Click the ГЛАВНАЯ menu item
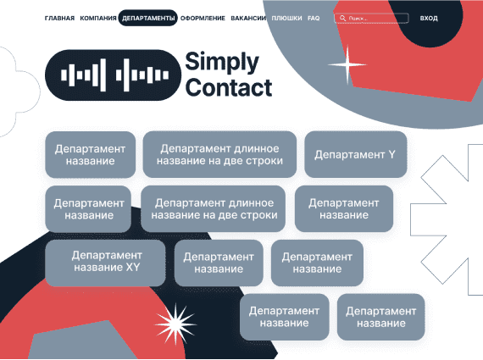pos(59,18)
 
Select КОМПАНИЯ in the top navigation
pos(98,18)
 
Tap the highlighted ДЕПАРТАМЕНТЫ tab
pos(148,18)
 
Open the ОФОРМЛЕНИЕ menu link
pos(203,18)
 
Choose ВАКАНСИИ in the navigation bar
pos(248,18)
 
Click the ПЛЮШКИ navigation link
pos(286,18)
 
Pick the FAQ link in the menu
pos(314,18)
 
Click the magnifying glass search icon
pos(342,18)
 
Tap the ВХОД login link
pos(429,18)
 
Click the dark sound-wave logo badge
pos(113,75)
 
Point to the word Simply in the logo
pos(222,63)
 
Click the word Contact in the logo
pos(229,88)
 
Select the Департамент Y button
pos(356,155)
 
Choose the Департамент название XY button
pos(105,263)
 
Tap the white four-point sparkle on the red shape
pos(347,64)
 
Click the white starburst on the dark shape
pos(175,324)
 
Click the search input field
pos(371,18)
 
